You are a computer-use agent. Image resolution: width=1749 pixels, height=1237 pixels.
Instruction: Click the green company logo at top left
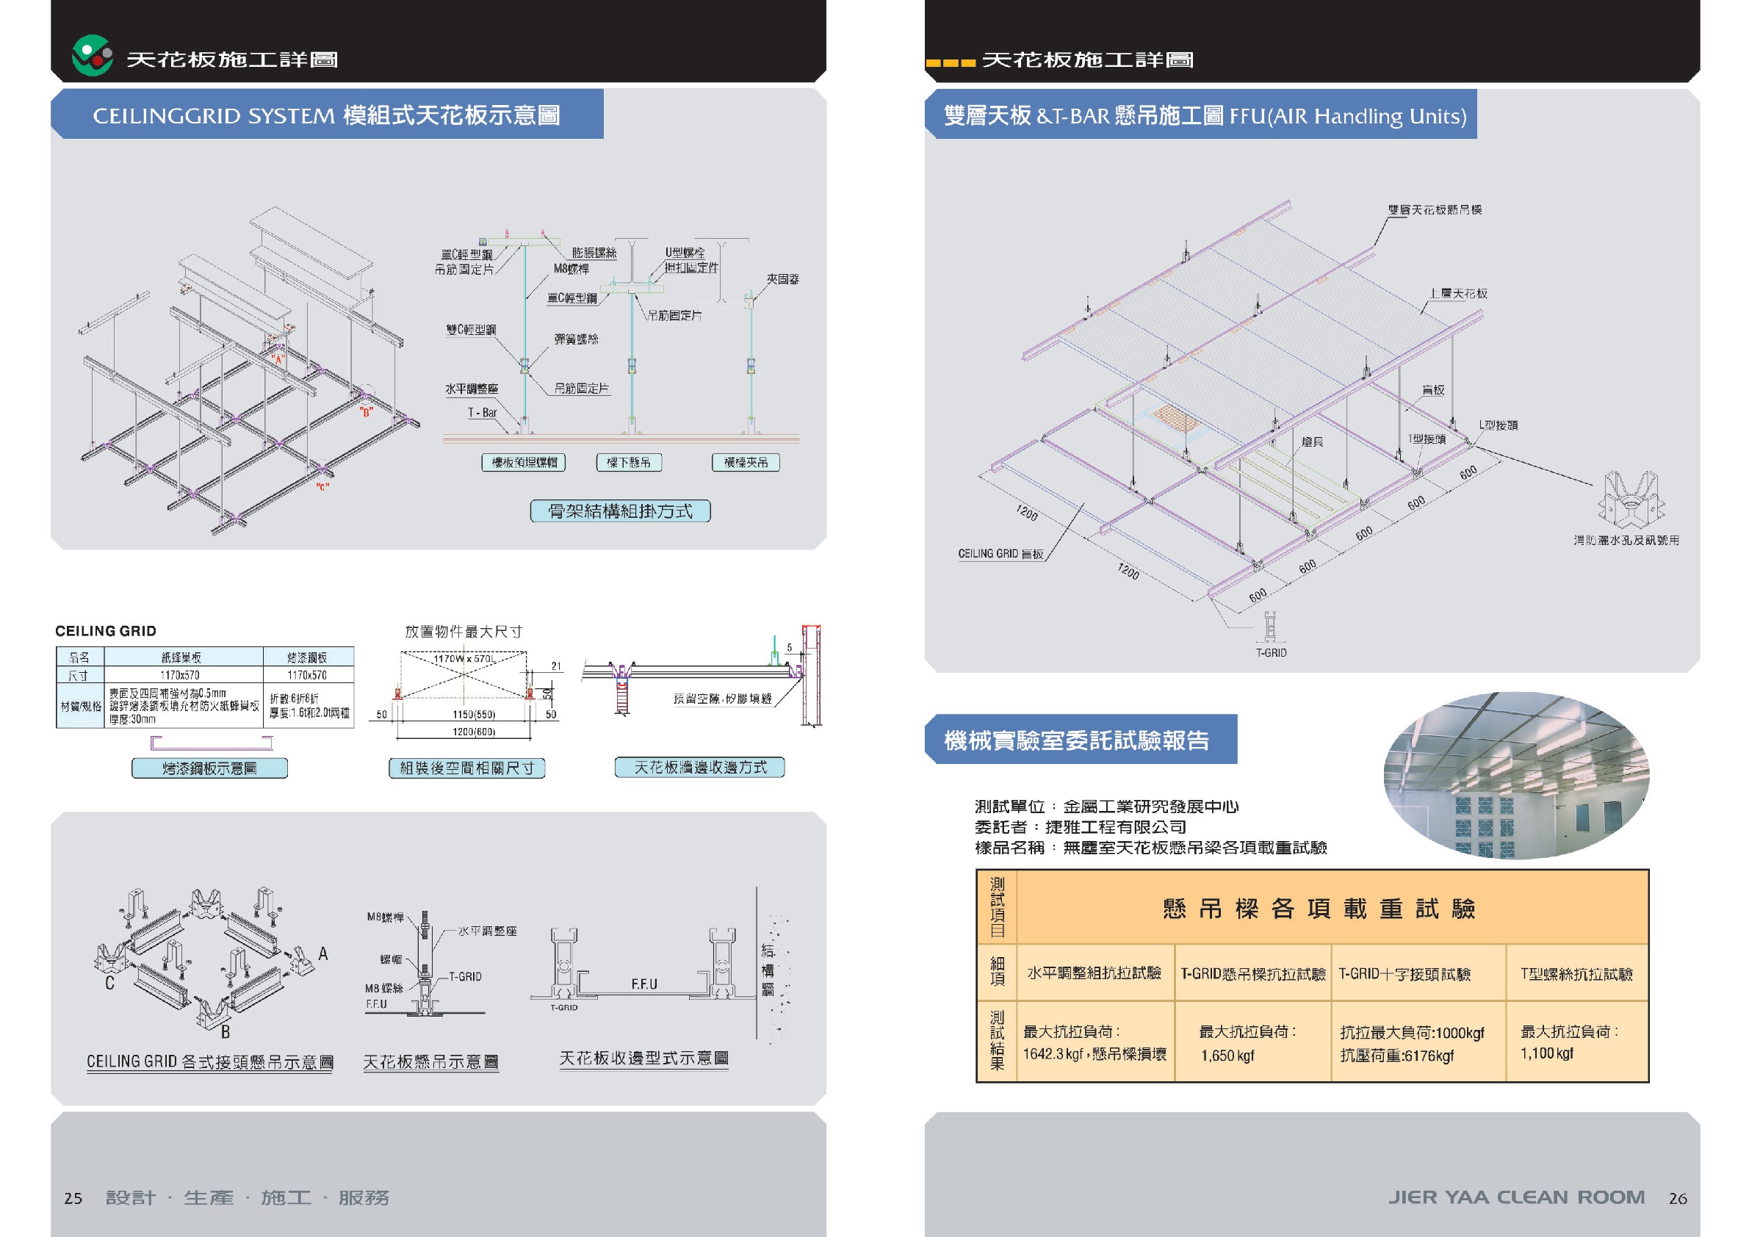pyautogui.click(x=92, y=56)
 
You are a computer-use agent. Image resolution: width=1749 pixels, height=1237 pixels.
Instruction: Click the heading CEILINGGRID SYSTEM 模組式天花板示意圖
pyautogui.click(x=326, y=115)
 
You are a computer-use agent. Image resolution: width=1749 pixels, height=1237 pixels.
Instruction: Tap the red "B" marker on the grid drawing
pyautogui.click(x=367, y=413)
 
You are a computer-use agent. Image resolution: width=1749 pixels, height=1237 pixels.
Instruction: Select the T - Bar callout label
pyautogui.click(x=482, y=413)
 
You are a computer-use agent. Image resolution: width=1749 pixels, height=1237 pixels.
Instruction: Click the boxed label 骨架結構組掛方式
pyautogui.click(x=620, y=511)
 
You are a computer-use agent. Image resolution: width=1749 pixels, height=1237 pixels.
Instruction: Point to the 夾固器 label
pyautogui.click(x=782, y=280)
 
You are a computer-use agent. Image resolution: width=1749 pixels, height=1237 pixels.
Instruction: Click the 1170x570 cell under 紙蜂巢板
pyautogui.click(x=180, y=675)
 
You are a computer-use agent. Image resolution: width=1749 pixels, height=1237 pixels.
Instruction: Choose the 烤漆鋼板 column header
pyautogui.click(x=307, y=657)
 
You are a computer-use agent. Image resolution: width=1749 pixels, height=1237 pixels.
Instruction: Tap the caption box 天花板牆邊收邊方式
pyautogui.click(x=699, y=767)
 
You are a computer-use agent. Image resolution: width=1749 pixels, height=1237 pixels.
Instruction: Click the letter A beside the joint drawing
pyautogui.click(x=323, y=953)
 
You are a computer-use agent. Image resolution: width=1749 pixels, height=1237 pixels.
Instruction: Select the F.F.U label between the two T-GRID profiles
pyautogui.click(x=643, y=984)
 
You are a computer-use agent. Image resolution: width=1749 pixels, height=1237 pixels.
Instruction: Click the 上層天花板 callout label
pyautogui.click(x=1458, y=293)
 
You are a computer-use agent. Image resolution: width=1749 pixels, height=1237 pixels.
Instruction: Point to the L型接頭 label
pyautogui.click(x=1498, y=425)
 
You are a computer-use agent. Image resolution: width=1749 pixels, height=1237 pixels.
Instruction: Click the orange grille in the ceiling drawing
pyautogui.click(x=1176, y=417)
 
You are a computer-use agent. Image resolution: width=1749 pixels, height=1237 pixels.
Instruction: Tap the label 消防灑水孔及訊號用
pyautogui.click(x=1626, y=540)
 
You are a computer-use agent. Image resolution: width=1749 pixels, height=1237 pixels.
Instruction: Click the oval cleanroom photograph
pyautogui.click(x=1516, y=776)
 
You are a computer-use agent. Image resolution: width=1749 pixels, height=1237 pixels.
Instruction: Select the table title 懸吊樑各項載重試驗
pyautogui.click(x=1319, y=909)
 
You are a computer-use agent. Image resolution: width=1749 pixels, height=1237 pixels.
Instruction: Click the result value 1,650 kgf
pyautogui.click(x=1227, y=1056)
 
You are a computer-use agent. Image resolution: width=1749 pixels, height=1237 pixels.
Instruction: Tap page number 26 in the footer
pyautogui.click(x=1678, y=1198)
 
